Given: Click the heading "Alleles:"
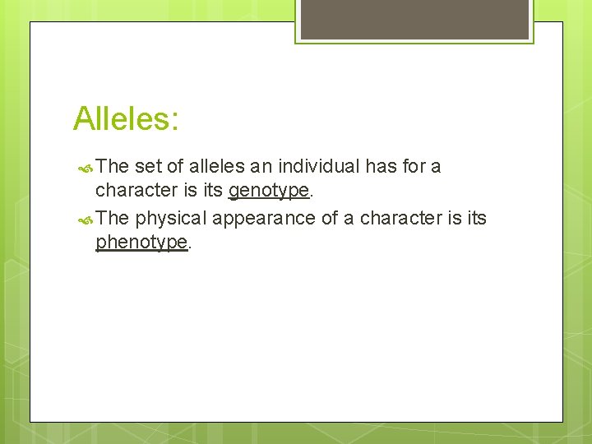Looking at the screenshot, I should (126, 119).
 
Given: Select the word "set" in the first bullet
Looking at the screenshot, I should (148, 167).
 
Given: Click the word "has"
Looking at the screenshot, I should (382, 167).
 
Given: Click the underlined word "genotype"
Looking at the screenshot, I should (269, 192).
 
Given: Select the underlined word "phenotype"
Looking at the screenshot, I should (141, 243).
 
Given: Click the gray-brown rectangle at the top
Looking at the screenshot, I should (414, 18).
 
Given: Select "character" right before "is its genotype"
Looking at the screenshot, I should (134, 192).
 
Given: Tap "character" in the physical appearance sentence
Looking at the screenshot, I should (400, 218).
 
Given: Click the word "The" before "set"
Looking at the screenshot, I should (113, 167).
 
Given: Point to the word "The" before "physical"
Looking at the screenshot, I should (113, 218).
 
